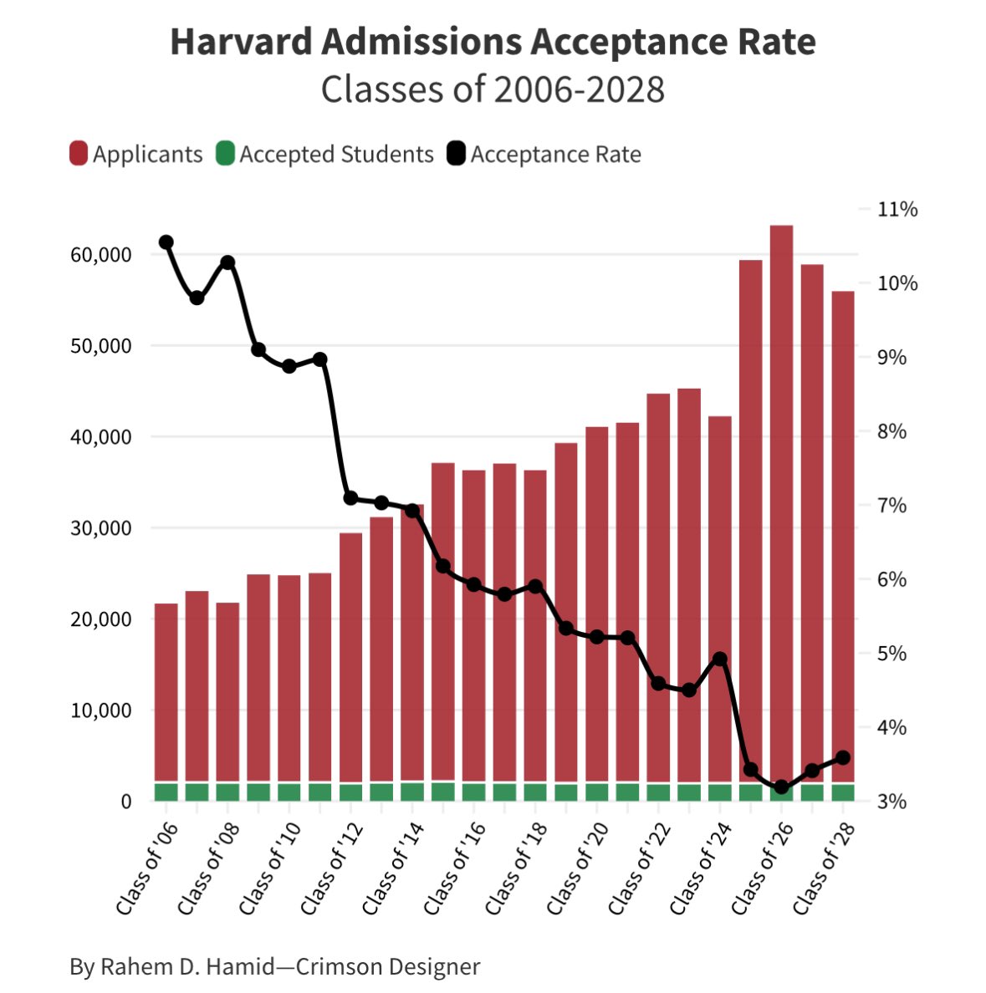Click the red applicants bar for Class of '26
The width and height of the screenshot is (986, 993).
(x=781, y=502)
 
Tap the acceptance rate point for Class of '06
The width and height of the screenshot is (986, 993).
(x=166, y=242)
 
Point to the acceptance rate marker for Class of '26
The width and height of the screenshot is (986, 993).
(x=781, y=787)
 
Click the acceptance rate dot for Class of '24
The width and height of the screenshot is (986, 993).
(x=720, y=659)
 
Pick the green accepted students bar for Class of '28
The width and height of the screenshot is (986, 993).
(x=843, y=792)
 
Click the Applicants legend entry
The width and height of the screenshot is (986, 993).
(x=136, y=155)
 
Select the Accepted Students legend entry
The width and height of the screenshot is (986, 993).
(x=325, y=155)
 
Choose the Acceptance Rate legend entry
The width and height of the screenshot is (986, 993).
(x=544, y=155)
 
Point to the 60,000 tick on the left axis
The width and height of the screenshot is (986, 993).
(x=101, y=254)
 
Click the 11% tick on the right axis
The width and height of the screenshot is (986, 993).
(x=897, y=209)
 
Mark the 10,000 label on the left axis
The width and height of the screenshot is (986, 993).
(x=101, y=710)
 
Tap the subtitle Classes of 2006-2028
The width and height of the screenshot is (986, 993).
(x=493, y=89)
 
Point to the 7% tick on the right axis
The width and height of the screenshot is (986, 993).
(x=897, y=506)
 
